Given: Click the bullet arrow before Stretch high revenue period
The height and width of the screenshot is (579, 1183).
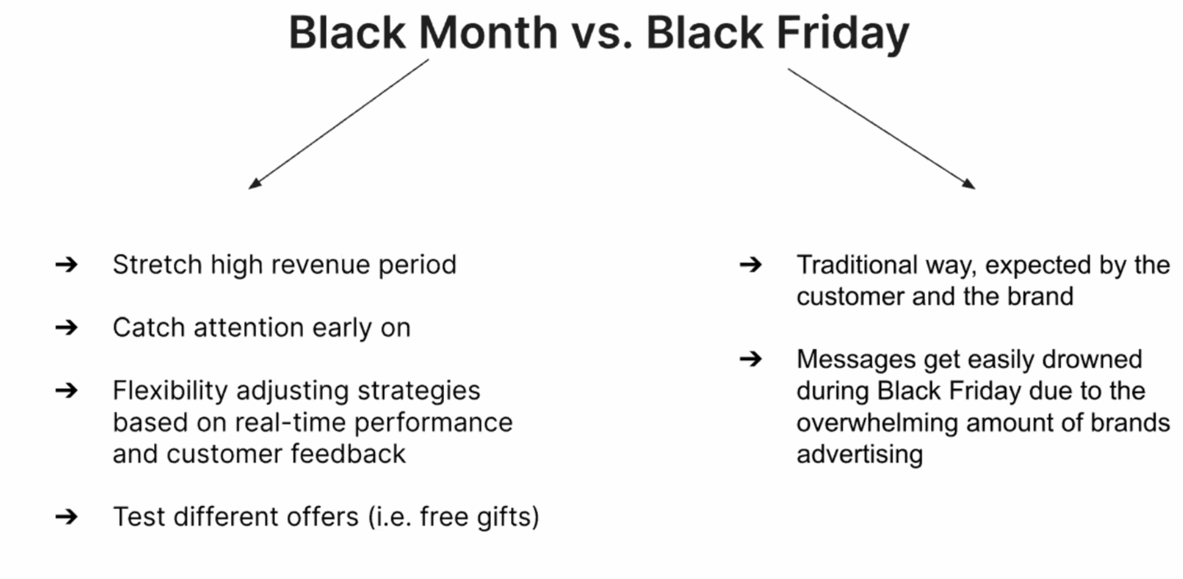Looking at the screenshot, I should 66,265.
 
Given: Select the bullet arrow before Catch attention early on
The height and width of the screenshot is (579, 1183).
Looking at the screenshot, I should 66,328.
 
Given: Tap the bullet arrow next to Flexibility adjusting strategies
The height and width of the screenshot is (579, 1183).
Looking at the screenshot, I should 66,390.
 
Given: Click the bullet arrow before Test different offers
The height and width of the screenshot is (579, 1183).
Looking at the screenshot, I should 66,517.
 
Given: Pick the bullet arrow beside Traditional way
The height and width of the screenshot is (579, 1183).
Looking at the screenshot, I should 751,265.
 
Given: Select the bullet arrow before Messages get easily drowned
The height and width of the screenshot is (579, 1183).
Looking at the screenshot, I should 751,359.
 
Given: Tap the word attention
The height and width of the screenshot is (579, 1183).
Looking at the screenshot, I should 249,328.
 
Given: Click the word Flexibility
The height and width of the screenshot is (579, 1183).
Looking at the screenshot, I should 170,391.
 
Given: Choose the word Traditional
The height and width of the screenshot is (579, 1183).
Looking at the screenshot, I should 857,265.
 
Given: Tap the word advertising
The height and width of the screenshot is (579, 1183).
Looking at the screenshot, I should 859,455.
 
